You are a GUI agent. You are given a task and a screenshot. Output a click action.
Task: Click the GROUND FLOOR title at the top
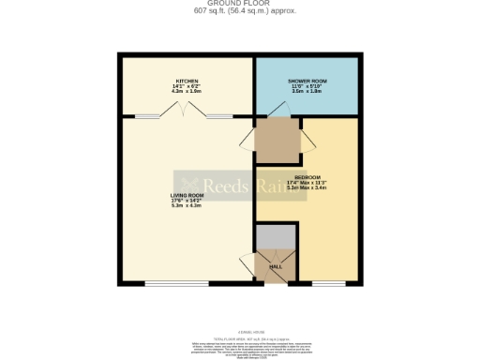tap(239, 4)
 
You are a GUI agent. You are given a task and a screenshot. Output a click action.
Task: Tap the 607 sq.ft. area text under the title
tap(239, 11)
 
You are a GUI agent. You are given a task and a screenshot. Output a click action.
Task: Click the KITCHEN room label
tap(186, 81)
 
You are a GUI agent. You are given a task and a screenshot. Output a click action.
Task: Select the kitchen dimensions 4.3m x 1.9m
tap(186, 92)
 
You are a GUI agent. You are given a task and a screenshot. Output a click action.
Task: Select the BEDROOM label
tap(307, 177)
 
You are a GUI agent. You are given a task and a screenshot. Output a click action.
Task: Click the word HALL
tap(276, 267)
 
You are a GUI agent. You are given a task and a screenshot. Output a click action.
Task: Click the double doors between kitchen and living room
tap(185, 113)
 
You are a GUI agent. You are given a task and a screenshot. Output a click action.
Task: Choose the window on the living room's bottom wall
tap(175, 283)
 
